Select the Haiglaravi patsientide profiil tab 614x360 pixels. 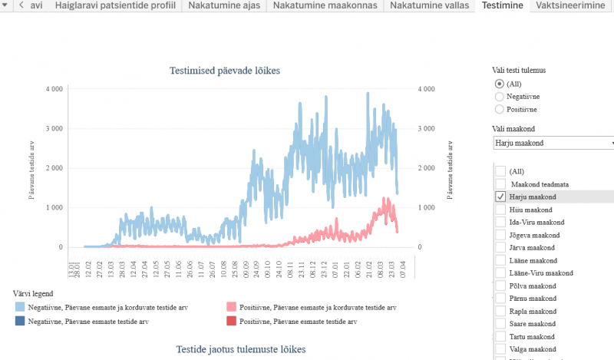tap(115, 5)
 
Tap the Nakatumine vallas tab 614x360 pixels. tap(428, 5)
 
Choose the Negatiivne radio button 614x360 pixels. tap(500, 97)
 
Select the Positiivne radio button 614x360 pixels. tap(500, 109)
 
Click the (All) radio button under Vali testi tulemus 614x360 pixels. tap(500, 84)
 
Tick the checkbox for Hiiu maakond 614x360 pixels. tap(500, 210)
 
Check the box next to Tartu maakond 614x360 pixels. tap(500, 336)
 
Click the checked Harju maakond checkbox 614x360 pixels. tap(500, 197)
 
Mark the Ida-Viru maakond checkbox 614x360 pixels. tap(500, 222)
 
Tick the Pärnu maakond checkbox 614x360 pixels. tap(500, 298)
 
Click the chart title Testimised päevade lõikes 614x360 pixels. tap(225, 71)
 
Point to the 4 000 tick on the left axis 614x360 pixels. tap(53, 89)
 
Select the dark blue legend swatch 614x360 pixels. tap(19, 322)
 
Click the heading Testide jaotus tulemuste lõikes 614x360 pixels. tap(240, 349)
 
